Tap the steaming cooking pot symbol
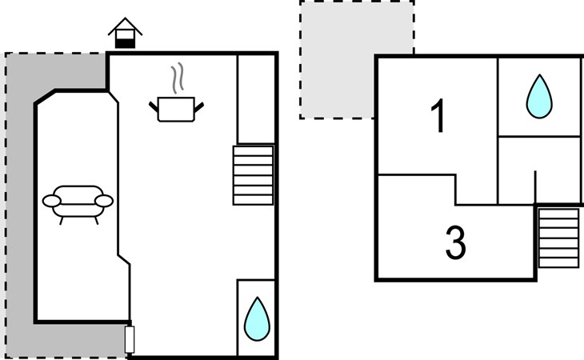(177, 108)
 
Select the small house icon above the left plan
(126, 34)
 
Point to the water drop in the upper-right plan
(538, 97)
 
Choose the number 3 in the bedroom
(455, 244)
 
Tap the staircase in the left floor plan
(253, 174)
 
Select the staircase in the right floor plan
(558, 237)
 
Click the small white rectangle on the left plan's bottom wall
(130, 339)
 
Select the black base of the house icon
(126, 42)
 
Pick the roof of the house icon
(126, 26)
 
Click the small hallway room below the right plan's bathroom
(539, 169)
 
